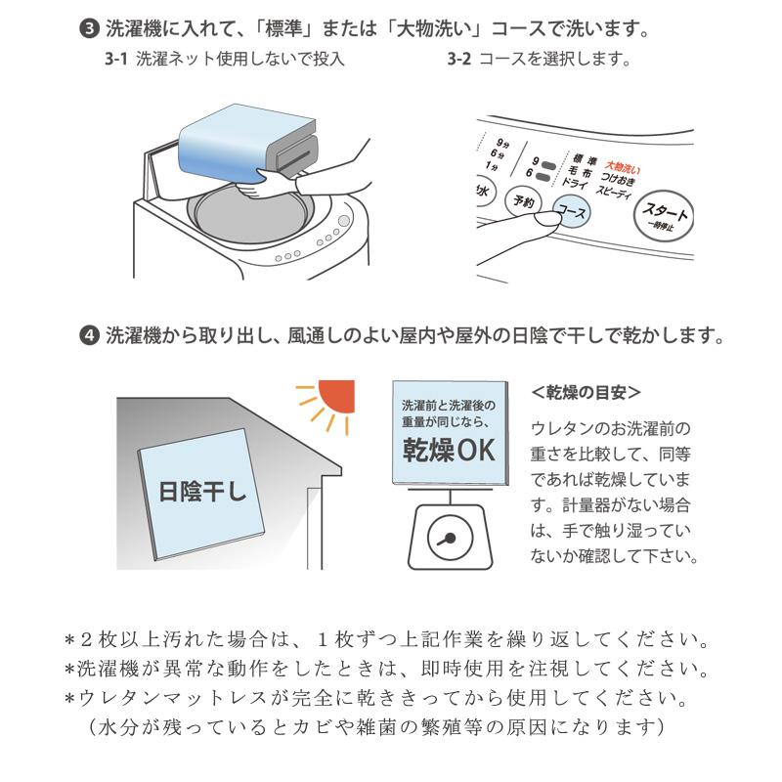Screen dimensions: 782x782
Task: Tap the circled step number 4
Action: pyautogui.click(x=90, y=335)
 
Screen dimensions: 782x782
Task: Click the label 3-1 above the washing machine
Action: pyautogui.click(x=116, y=60)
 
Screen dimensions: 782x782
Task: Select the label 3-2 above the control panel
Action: pyautogui.click(x=459, y=60)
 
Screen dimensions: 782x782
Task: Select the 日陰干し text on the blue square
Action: pyautogui.click(x=202, y=490)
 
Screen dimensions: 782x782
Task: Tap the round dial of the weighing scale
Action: pyautogui.click(x=448, y=539)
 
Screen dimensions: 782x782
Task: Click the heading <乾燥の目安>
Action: pyautogui.click(x=586, y=392)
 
